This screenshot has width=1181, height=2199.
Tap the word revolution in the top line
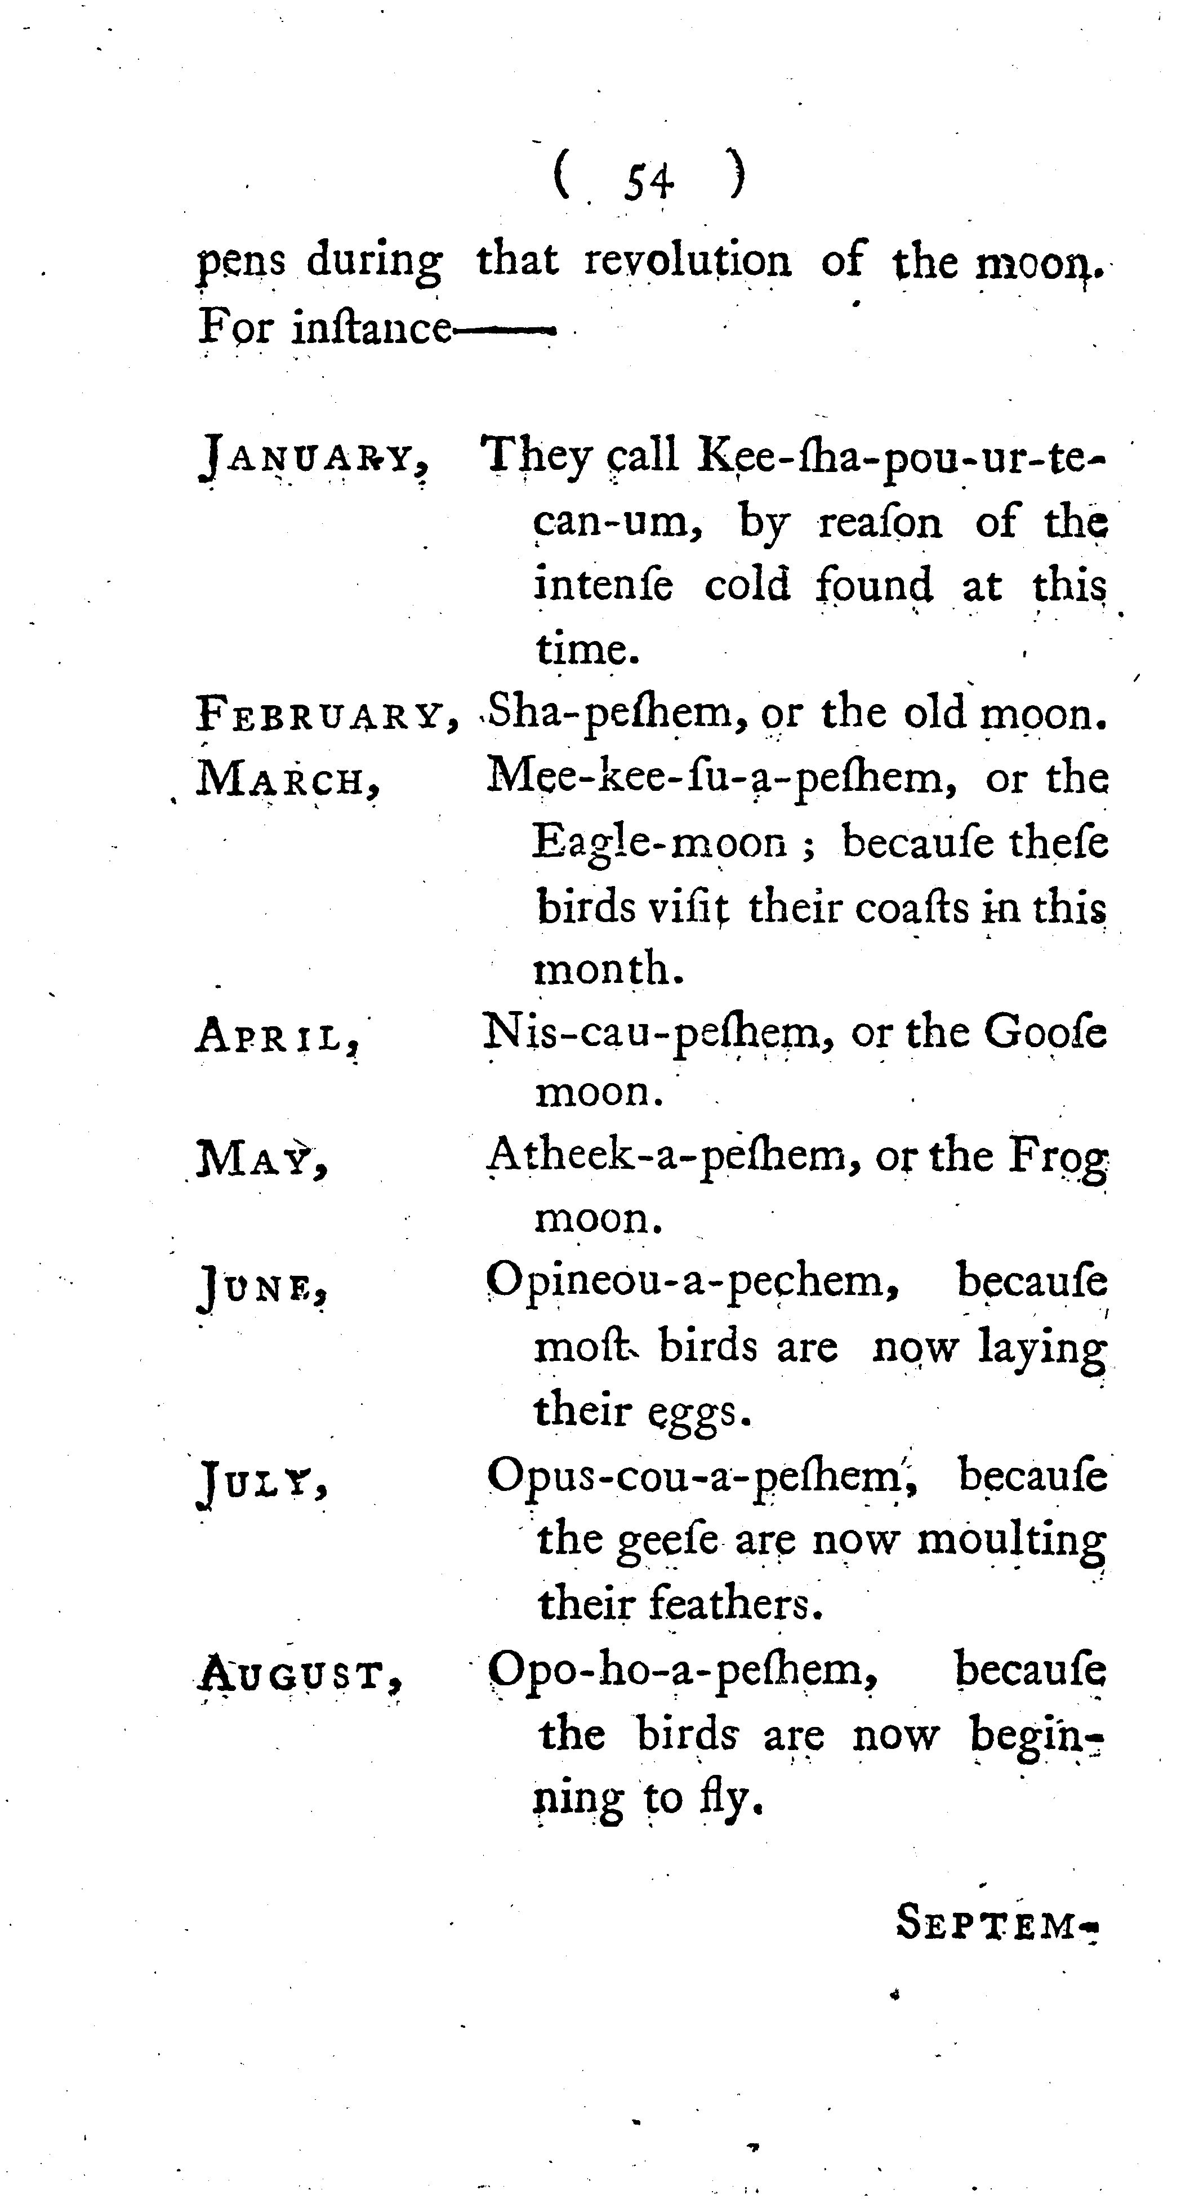[688, 261]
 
